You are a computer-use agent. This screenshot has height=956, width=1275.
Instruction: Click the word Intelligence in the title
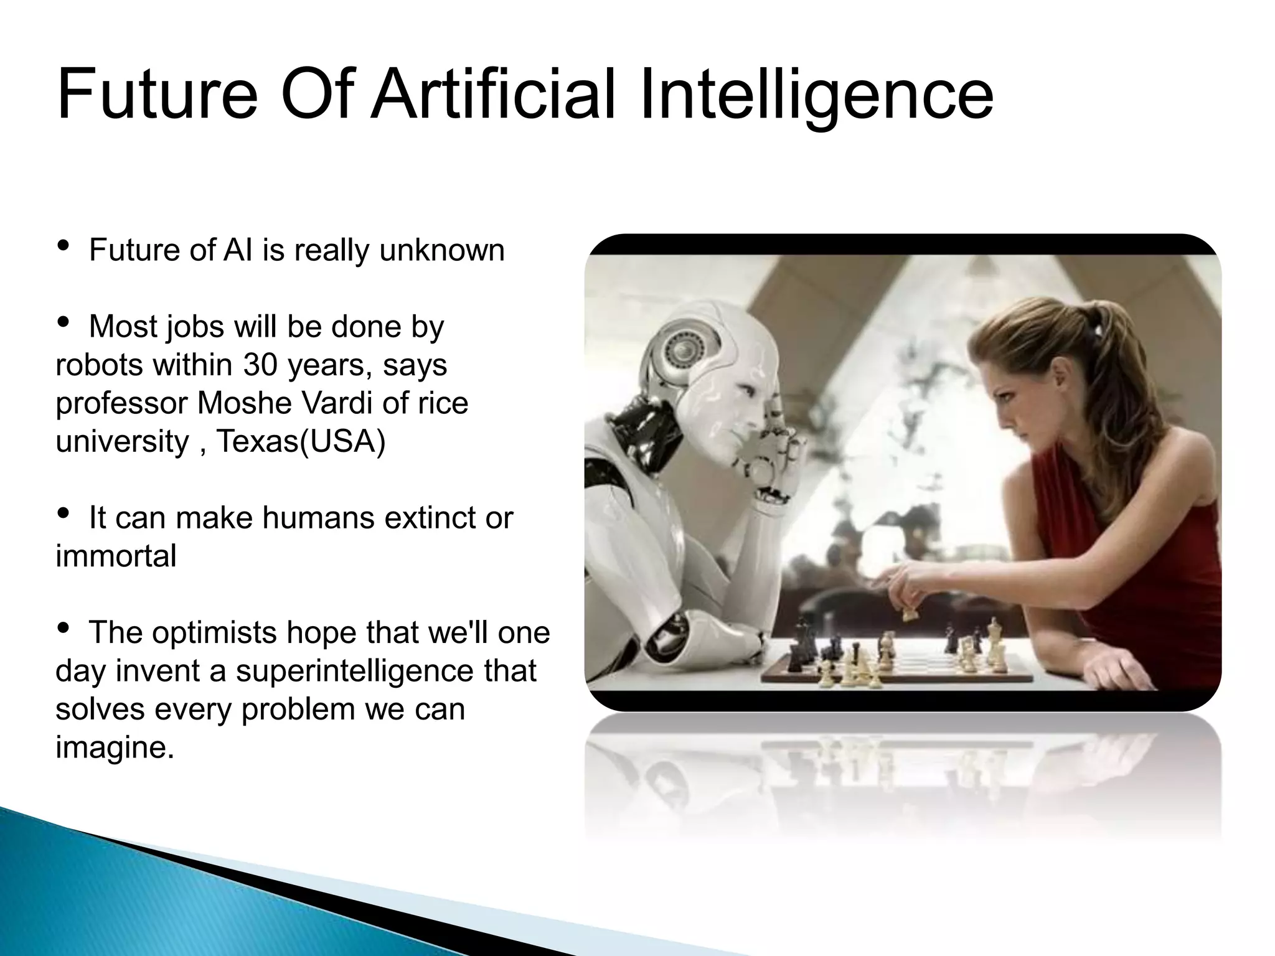click(x=816, y=95)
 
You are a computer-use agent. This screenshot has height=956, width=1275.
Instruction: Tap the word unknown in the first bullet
click(x=441, y=250)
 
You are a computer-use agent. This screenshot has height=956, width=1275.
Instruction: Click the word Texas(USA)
click(x=301, y=441)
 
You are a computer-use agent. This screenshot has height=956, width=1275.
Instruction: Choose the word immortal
click(x=116, y=556)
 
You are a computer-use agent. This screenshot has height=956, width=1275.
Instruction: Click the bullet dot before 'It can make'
click(x=63, y=514)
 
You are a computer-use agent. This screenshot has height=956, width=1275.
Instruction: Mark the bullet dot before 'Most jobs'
click(x=63, y=323)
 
